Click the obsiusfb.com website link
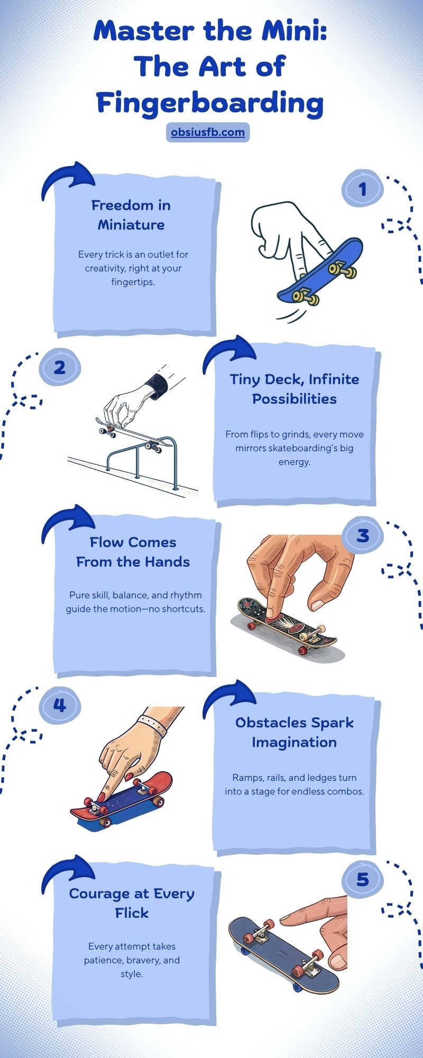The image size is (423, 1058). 208,132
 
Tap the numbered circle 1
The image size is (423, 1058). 362,188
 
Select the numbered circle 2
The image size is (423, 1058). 60,367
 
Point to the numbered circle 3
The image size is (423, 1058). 362,535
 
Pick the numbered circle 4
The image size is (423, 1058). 60,705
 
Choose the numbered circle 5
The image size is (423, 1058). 362,879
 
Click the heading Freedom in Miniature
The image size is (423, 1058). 131,215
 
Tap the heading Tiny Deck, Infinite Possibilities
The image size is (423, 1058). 295,389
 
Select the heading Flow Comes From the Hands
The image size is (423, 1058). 133,552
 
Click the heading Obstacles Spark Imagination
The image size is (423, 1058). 295,732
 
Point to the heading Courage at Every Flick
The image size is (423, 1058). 132,903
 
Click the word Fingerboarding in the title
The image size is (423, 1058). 210,103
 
